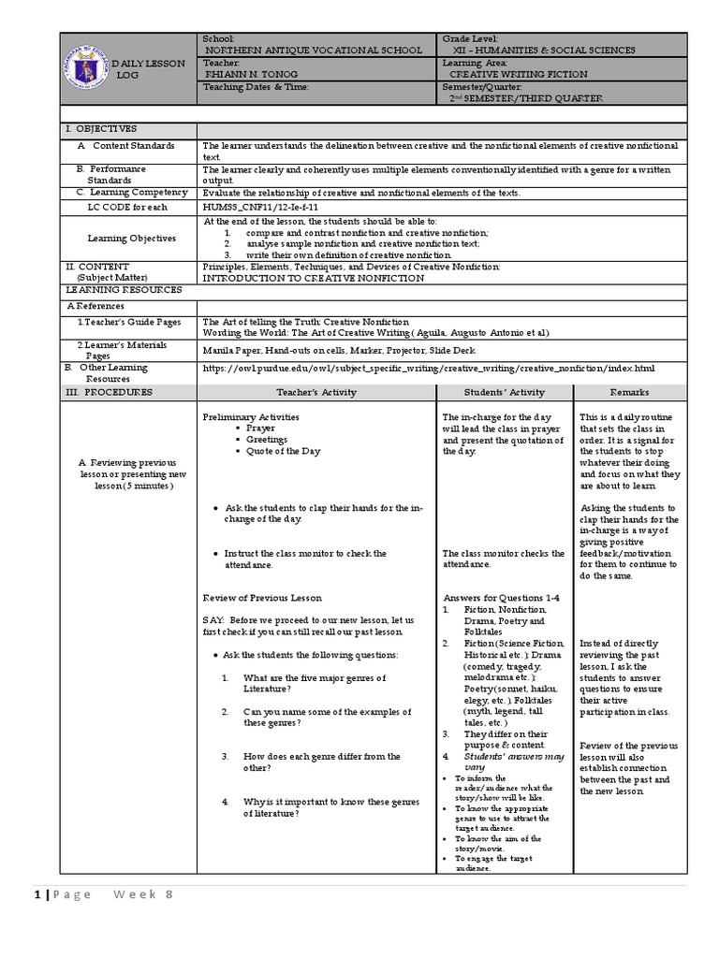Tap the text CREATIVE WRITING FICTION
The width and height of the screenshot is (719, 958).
point(518,74)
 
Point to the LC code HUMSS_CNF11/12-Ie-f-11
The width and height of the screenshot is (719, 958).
point(261,206)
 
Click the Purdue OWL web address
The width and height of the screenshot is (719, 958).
point(429,369)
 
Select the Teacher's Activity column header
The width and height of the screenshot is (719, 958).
point(316,393)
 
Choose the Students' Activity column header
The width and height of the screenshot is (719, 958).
point(505,393)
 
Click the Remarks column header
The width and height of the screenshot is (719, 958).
point(629,393)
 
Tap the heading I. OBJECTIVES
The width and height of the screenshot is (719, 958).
point(101,129)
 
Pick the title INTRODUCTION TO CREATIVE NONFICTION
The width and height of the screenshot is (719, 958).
point(314,278)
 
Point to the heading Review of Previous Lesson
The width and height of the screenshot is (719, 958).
point(262,598)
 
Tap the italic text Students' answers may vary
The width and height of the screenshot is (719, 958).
point(514,761)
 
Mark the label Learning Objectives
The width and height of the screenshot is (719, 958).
point(132,239)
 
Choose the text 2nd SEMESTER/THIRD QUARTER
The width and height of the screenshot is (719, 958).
point(526,98)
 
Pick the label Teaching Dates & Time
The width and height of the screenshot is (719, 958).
point(255,87)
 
